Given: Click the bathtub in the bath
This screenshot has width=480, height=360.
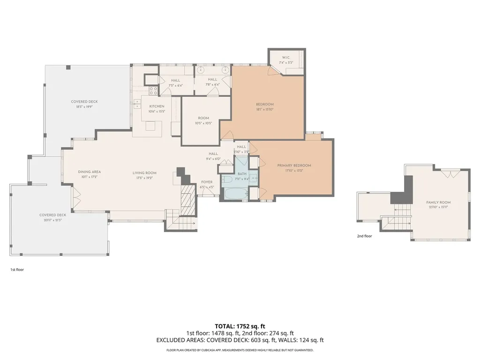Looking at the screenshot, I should (234, 193).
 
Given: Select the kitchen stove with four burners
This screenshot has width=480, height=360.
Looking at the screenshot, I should (153, 91).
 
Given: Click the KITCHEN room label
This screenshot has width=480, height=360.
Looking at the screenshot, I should (157, 106).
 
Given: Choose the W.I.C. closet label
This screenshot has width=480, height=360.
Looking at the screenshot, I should (286, 58).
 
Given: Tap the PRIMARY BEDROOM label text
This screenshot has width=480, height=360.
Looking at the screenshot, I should (294, 165).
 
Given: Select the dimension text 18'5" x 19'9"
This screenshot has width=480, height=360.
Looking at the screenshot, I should (84, 107).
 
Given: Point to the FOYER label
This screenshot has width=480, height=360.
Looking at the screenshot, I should (207, 182).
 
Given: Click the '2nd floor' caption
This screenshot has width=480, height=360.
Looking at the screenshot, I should (364, 236).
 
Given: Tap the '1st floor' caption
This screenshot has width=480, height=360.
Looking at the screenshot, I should (17, 270).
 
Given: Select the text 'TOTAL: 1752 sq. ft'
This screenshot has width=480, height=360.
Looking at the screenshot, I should (240, 326).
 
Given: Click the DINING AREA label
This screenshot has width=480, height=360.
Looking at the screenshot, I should (89, 172).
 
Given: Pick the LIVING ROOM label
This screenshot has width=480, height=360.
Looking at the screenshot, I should (144, 173).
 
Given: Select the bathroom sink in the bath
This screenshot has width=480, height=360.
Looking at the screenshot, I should (253, 178).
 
